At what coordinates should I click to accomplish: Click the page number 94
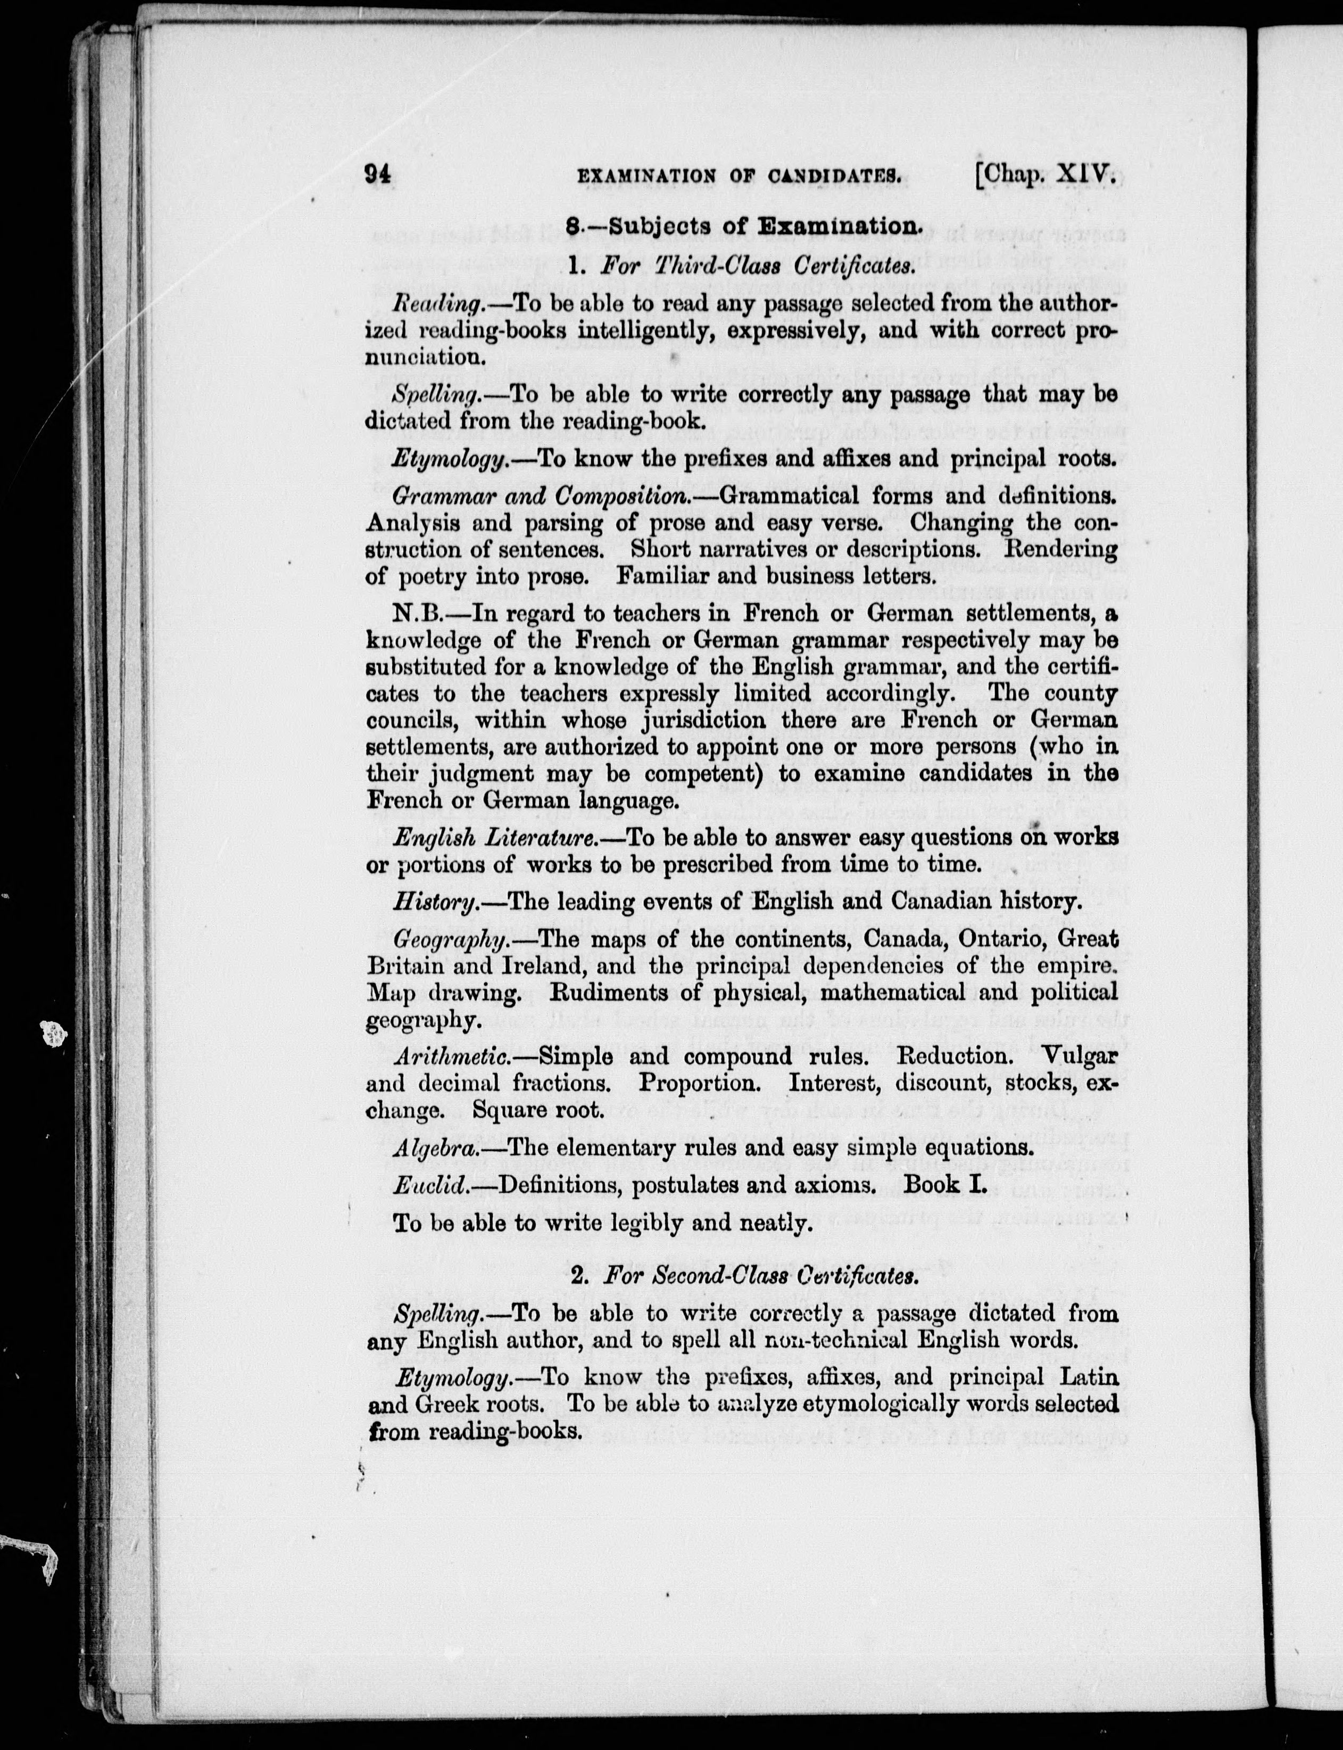click(377, 174)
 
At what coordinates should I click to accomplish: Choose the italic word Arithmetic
click(452, 1057)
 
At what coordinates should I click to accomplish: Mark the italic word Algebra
click(436, 1148)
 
